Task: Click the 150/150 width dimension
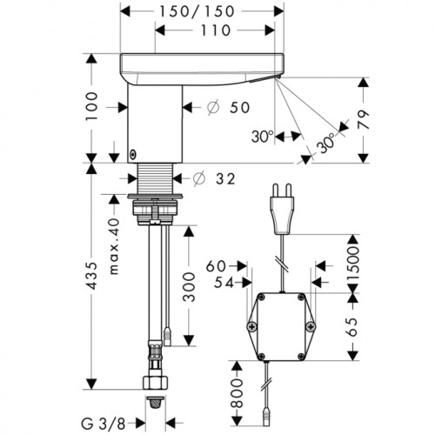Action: point(197,11)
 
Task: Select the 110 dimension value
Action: point(215,30)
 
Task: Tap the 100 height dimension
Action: point(92,106)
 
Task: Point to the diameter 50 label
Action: point(229,108)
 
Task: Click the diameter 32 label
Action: point(214,178)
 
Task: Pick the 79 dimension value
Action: point(363,119)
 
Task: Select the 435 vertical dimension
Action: point(92,276)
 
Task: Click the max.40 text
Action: point(114,246)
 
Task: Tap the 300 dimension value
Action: point(190,287)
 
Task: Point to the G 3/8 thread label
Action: point(104,425)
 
